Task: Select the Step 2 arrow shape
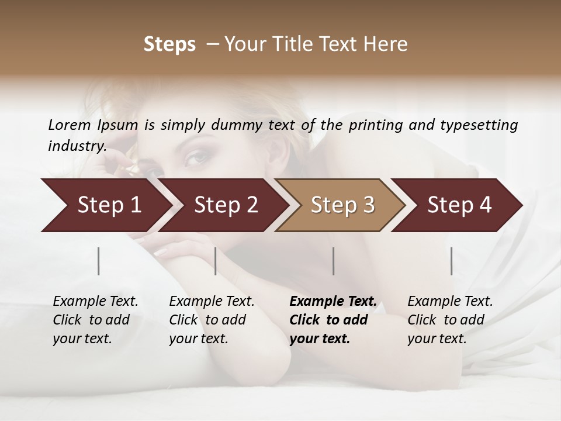click(x=226, y=205)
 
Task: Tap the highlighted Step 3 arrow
click(x=342, y=205)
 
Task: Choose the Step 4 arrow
click(x=459, y=205)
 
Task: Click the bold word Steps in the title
click(x=169, y=44)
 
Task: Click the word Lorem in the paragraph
click(x=69, y=125)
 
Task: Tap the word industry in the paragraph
click(x=77, y=146)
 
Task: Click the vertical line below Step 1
click(x=99, y=261)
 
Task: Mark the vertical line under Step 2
click(x=216, y=261)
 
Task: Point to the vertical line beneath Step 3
click(x=334, y=261)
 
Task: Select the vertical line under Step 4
click(x=451, y=261)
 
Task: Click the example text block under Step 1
click(x=95, y=320)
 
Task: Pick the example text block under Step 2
click(x=212, y=320)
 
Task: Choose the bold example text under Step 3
click(x=333, y=320)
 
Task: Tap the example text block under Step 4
click(x=450, y=320)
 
